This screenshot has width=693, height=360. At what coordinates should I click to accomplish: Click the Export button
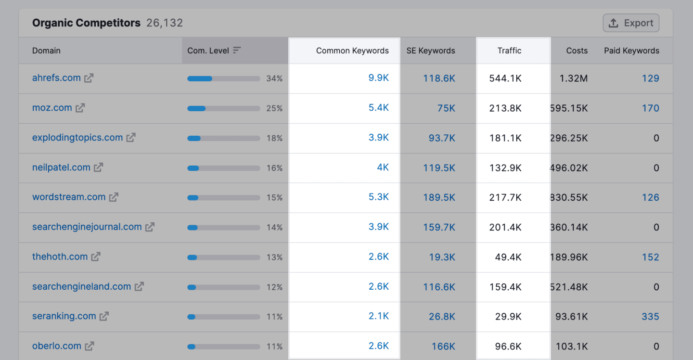click(631, 23)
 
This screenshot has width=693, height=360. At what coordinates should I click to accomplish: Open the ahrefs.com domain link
click(56, 78)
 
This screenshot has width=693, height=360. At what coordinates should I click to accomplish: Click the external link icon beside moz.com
click(80, 108)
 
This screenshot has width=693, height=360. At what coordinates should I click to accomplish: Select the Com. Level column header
click(208, 51)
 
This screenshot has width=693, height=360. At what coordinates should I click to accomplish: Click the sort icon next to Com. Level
click(237, 51)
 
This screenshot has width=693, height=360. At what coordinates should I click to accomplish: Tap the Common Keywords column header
click(352, 51)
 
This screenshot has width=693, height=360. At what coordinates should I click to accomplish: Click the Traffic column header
click(509, 51)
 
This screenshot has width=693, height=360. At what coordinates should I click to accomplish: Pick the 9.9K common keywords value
click(378, 78)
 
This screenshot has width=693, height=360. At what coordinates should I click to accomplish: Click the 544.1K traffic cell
click(505, 78)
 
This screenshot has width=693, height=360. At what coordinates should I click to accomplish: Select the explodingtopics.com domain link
click(77, 138)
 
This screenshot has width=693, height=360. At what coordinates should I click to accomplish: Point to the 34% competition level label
click(274, 78)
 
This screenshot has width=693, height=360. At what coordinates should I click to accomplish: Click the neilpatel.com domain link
click(61, 167)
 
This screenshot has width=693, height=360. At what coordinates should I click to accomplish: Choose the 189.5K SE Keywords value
click(439, 197)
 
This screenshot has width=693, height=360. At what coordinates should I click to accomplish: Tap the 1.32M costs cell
click(573, 78)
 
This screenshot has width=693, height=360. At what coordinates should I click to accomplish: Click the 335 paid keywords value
click(650, 317)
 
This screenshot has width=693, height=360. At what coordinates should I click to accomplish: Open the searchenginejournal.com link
click(87, 227)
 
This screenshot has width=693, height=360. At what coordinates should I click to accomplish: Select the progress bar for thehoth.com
click(223, 257)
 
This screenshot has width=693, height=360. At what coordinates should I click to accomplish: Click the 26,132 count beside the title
click(165, 23)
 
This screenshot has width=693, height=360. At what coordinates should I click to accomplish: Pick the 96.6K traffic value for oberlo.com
click(508, 347)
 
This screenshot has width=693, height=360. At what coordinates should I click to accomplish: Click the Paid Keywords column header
click(631, 51)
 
